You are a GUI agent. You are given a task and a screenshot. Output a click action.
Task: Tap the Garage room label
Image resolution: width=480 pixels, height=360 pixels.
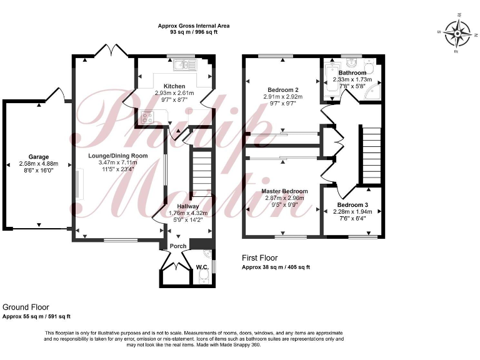click(x=38, y=157)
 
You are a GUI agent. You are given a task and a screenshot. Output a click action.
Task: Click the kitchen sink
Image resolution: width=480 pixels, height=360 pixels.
click(x=186, y=63)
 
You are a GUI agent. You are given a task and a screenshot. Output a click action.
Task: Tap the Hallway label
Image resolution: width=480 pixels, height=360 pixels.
click(x=188, y=206)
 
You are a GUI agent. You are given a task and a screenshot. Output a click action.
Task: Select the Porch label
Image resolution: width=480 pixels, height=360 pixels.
click(x=178, y=246)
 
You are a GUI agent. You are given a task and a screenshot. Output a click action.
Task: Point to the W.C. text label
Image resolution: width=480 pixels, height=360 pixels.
click(x=201, y=267)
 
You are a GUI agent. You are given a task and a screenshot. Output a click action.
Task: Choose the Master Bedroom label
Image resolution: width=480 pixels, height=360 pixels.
click(x=285, y=191)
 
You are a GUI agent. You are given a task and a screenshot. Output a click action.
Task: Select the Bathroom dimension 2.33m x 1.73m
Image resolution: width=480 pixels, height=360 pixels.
click(x=352, y=80)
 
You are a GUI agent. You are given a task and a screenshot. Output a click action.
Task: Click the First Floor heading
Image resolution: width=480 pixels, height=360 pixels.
click(x=259, y=257)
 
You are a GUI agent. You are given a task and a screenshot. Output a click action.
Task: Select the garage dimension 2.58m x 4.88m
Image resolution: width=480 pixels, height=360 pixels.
click(x=38, y=164)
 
